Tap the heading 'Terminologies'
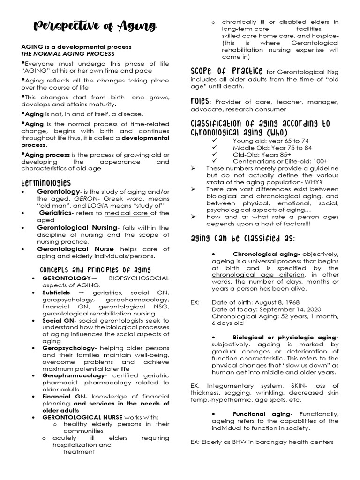[46, 182]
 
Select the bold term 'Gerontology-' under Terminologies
[59, 192]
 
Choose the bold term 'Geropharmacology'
[74, 375]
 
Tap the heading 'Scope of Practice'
[226, 71]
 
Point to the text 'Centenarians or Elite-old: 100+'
[280, 161]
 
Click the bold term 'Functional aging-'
[262, 414]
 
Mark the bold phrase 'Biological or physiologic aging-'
[285, 337]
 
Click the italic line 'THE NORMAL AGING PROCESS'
[67, 53]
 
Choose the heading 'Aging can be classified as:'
[243, 239]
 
